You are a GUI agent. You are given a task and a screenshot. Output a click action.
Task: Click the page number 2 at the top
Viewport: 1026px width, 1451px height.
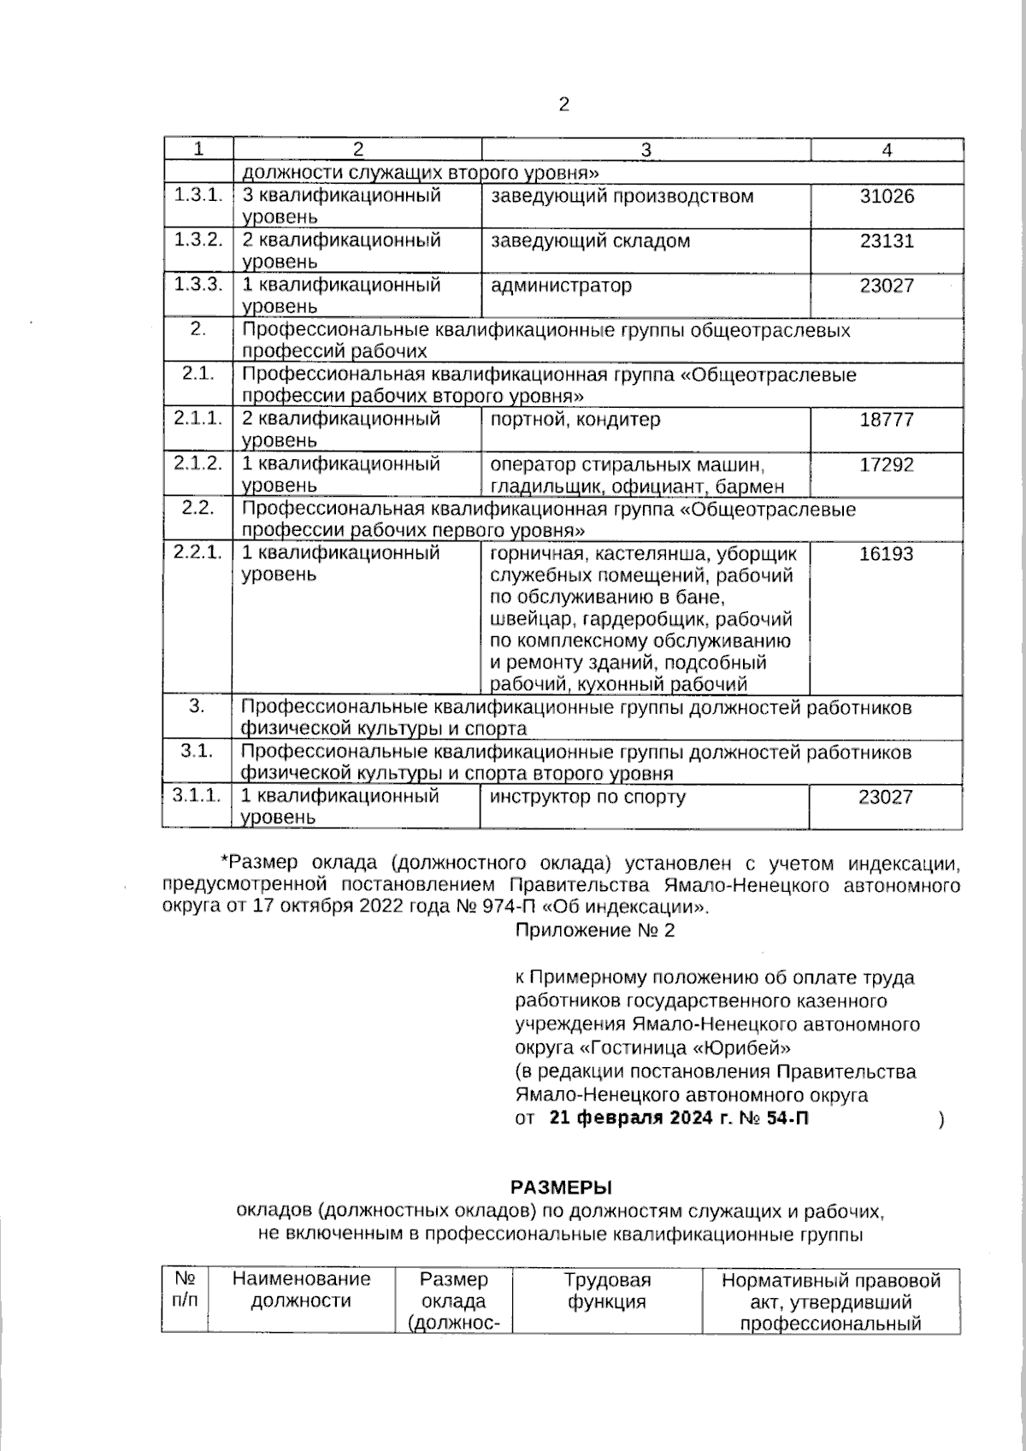563,105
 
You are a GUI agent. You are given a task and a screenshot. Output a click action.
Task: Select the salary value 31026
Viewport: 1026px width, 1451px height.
887,197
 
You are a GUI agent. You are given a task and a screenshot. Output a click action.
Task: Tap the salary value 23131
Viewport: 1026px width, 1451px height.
887,241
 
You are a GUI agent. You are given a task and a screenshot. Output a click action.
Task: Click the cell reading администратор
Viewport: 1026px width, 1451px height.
561,286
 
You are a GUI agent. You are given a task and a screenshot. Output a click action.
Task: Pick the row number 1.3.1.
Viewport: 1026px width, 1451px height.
198,195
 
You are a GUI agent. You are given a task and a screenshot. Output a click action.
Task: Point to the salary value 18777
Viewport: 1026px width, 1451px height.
887,420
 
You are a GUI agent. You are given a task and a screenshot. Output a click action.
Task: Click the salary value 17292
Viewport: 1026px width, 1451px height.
887,465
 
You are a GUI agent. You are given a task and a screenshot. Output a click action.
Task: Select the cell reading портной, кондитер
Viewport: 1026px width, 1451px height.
575,420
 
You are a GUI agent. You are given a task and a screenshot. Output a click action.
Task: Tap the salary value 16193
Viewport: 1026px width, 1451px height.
886,554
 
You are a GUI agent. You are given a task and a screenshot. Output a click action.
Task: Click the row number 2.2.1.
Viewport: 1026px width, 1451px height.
198,552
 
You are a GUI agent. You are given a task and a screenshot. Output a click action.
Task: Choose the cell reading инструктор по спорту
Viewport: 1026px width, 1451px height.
587,798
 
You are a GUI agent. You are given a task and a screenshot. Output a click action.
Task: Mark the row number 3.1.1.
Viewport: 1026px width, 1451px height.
198,796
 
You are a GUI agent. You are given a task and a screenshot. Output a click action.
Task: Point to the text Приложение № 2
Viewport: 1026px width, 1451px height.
594,931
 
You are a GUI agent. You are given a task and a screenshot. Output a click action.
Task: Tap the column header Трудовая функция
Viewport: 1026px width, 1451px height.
606,1292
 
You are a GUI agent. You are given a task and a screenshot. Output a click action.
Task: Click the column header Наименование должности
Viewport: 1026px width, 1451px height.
301,1290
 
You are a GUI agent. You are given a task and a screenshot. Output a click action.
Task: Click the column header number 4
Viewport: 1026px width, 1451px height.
887,150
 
